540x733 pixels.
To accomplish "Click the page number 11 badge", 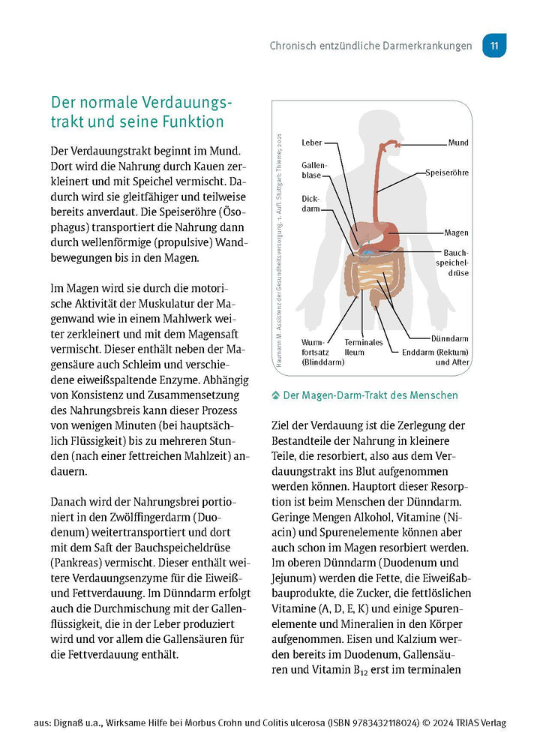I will pos(495,46).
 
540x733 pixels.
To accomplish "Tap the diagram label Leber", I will pos(312,143).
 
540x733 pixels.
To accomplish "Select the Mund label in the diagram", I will pos(459,143).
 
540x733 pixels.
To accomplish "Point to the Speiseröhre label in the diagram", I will pos(447,173).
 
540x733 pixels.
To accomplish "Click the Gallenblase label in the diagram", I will pos(313,170).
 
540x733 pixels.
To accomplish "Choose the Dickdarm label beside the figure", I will pos(310,204).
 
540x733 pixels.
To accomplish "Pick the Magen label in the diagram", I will pos(456,233).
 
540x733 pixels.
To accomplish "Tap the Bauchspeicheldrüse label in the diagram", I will pos(455,263).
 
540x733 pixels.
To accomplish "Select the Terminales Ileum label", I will pos(364,347).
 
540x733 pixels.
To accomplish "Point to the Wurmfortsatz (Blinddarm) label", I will pos(322,352).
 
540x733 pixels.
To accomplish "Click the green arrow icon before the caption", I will pos(275,395).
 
